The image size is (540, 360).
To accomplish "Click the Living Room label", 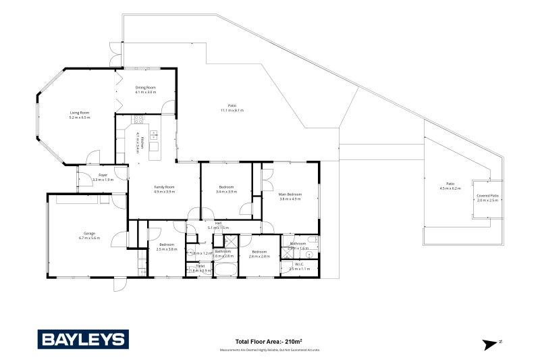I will (80, 113).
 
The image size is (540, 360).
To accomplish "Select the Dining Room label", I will (146, 87).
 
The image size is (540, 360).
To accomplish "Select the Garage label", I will (89, 233).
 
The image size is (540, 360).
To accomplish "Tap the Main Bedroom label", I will (290, 195).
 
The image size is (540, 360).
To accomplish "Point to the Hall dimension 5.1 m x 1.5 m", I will (218, 228).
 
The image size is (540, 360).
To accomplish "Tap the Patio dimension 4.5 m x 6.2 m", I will (450, 188).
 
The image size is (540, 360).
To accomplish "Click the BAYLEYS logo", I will (82, 339).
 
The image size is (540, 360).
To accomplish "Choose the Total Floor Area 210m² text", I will (269, 341).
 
